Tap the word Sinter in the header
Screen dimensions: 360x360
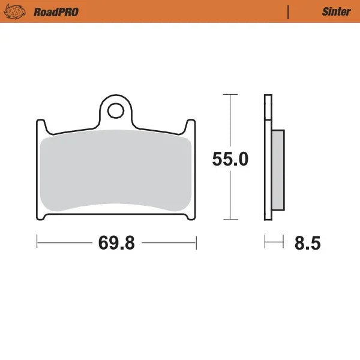pos(332,11)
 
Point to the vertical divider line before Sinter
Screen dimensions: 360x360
pos(288,11)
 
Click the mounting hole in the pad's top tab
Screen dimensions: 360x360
pos(116,110)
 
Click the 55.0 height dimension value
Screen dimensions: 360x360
pos(230,159)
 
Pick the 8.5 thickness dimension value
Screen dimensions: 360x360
pos(307,244)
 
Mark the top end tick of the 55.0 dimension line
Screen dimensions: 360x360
pos(227,94)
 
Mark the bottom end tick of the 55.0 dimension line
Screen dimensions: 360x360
pos(227,220)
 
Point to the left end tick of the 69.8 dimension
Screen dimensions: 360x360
pos(37,242)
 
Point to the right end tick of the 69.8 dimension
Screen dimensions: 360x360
pos(196,242)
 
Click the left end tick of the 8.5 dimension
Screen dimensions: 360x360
pos(265,242)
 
